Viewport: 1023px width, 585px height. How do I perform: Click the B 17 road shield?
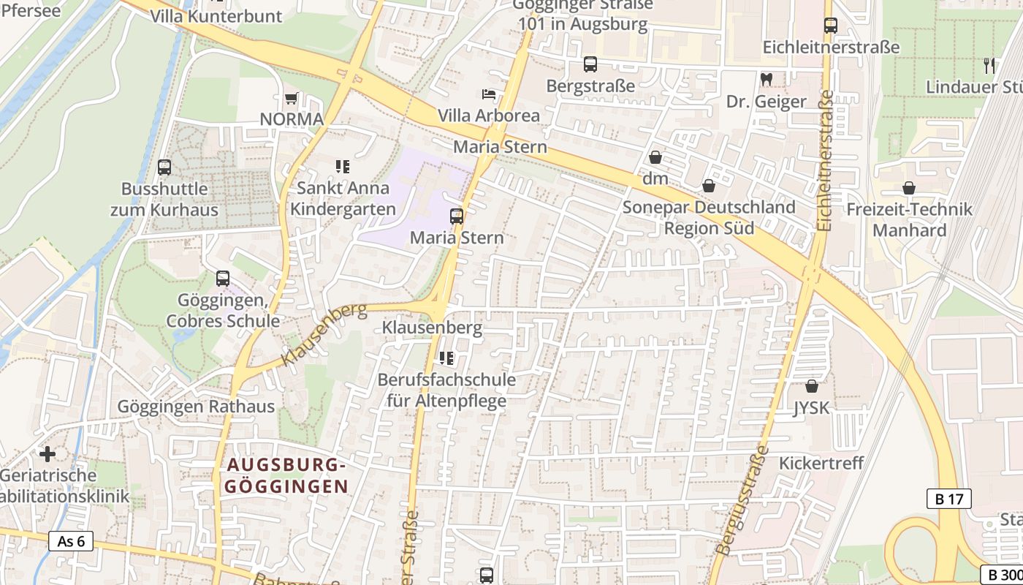pyautogui.click(x=949, y=499)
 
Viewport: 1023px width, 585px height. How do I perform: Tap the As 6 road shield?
pyautogui.click(x=71, y=541)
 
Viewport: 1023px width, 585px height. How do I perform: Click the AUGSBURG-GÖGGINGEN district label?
pyautogui.click(x=286, y=475)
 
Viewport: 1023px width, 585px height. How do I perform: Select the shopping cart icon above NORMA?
pyautogui.click(x=292, y=98)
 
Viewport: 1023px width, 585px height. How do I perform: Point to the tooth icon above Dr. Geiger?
pyautogui.click(x=766, y=78)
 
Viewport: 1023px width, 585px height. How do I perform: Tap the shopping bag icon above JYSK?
pyautogui.click(x=811, y=386)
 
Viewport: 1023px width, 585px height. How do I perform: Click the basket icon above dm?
pyautogui.click(x=655, y=157)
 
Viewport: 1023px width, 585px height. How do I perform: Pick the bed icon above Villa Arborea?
pyautogui.click(x=488, y=94)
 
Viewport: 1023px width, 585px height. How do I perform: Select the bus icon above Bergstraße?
pyautogui.click(x=590, y=64)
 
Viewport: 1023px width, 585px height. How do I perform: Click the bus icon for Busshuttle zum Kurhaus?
pyautogui.click(x=164, y=167)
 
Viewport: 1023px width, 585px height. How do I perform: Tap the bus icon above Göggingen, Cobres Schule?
pyautogui.click(x=223, y=279)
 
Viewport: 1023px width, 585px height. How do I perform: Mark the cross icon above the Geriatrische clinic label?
pyautogui.click(x=47, y=454)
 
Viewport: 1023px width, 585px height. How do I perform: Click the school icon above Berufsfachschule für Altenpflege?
pyautogui.click(x=446, y=358)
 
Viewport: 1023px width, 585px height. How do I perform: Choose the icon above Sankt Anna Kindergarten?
pyautogui.click(x=343, y=167)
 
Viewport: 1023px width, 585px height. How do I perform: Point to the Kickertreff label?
pyautogui.click(x=821, y=463)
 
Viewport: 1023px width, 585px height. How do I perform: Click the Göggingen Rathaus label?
pyautogui.click(x=196, y=407)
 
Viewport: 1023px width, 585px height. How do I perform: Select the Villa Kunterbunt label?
pyautogui.click(x=216, y=16)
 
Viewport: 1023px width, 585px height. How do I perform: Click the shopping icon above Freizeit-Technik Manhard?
pyautogui.click(x=908, y=188)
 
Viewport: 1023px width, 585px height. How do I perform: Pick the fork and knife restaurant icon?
pyautogui.click(x=989, y=65)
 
